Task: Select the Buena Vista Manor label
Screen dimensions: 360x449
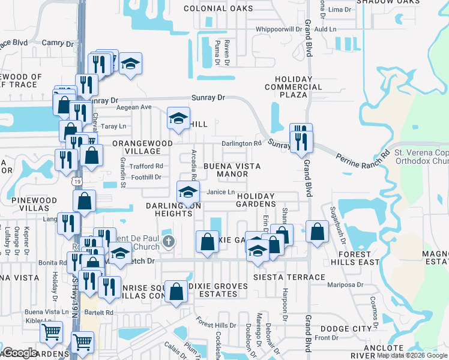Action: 226,170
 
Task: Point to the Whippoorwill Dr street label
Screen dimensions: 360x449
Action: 278,29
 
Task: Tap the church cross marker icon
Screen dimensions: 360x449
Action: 169,243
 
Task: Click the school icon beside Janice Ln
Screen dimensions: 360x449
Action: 188,193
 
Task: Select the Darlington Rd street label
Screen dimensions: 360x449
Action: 241,143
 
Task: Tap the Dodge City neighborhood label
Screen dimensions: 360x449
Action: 346,329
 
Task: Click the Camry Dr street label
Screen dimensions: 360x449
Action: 57,43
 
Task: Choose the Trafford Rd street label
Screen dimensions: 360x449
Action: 146,166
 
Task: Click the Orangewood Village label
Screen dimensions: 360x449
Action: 142,148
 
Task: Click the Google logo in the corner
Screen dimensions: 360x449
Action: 20,352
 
